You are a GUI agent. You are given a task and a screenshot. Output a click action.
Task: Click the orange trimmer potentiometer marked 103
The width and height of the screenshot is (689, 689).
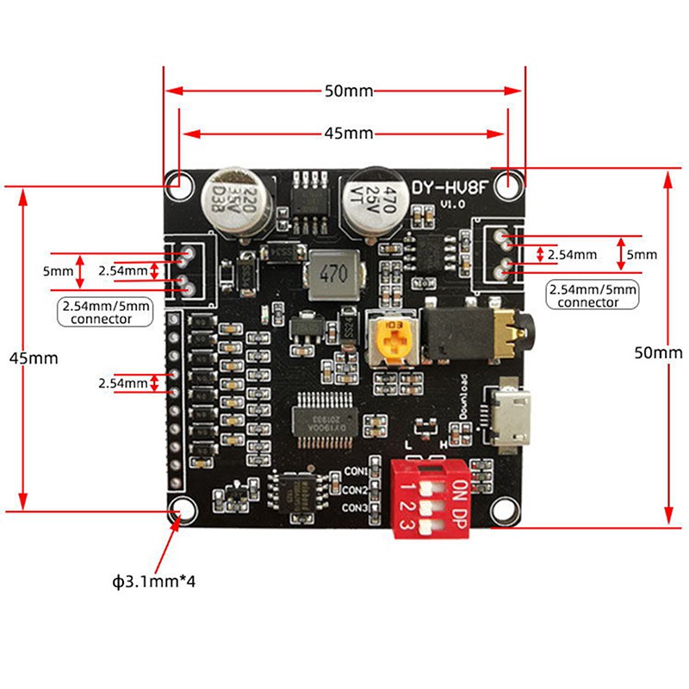point(394,342)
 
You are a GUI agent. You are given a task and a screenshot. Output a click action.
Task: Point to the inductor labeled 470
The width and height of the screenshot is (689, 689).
point(333,274)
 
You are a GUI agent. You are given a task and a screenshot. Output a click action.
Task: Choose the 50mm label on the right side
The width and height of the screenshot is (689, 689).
point(657,352)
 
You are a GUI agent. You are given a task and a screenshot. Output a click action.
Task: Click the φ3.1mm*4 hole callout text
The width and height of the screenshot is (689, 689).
point(153,580)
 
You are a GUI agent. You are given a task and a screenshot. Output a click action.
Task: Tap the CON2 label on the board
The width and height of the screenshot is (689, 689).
point(356,490)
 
